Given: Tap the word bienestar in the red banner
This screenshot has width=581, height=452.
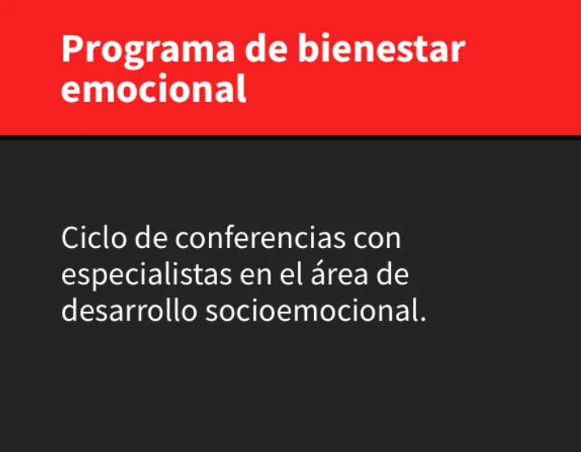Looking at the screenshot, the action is click(x=382, y=48).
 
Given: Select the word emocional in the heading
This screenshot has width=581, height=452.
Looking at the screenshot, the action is click(x=153, y=88).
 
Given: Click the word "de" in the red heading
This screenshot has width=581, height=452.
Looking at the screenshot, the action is click(x=266, y=48).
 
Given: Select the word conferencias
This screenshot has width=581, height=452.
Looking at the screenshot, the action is click(x=260, y=237).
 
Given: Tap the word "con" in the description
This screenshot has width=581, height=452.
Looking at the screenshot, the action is click(x=377, y=240).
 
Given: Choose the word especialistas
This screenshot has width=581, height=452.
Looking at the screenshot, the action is click(x=146, y=276).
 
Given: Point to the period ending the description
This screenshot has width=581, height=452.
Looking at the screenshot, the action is click(x=424, y=319).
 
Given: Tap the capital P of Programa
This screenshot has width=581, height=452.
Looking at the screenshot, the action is click(x=71, y=48).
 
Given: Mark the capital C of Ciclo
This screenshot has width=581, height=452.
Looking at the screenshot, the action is click(x=70, y=237).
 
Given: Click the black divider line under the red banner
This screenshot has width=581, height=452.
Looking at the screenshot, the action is click(x=290, y=137).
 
